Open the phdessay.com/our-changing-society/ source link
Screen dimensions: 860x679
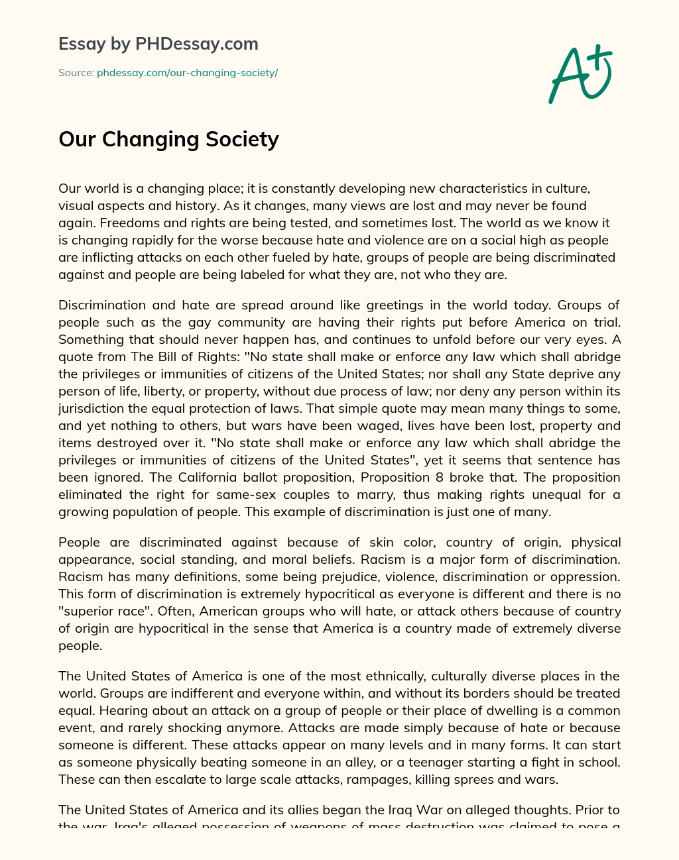point(187,73)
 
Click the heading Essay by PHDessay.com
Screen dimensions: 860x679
point(158,44)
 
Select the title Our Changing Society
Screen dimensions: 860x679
point(168,139)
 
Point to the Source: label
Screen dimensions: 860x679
point(76,73)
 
